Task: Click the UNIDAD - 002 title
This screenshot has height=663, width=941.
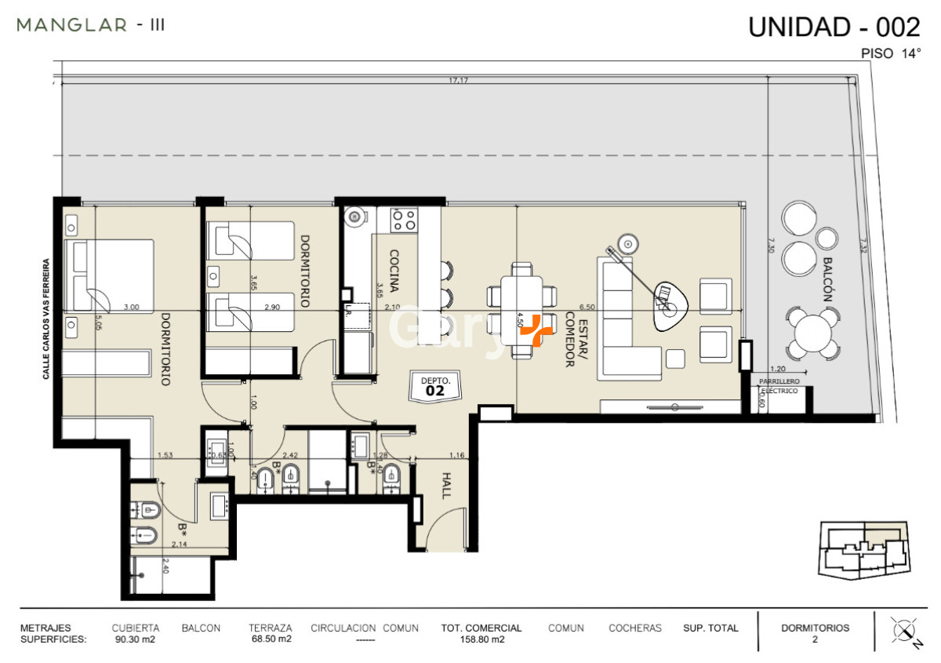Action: tap(834, 27)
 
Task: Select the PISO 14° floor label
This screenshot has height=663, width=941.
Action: tap(890, 54)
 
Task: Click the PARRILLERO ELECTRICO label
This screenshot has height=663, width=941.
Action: tap(778, 385)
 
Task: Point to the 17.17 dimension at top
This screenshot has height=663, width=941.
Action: tap(458, 81)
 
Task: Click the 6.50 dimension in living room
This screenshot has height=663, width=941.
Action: tap(587, 308)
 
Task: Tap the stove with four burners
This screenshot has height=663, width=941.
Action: tap(404, 219)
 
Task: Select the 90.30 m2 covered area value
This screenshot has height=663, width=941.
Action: tap(135, 639)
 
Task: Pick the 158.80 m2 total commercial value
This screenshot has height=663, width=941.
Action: tap(481, 639)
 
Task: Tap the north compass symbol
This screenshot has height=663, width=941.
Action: tap(904, 632)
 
